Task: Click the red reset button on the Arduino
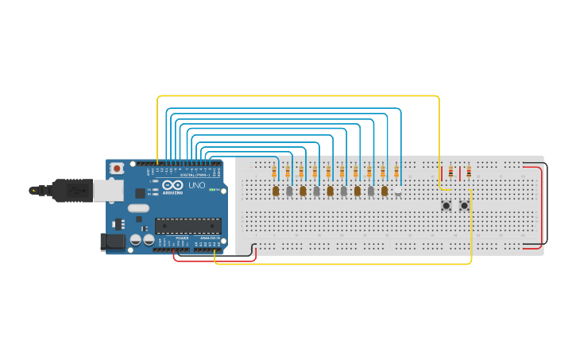117,168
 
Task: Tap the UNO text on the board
196,185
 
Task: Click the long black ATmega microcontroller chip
187,226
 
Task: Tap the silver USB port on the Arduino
106,190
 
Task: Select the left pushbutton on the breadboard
446,206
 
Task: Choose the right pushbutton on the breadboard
464,206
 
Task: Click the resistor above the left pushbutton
450,172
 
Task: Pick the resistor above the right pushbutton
468,172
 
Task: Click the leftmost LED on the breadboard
276,191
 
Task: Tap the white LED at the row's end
398,192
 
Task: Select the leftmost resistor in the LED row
274,172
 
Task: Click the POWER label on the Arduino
182,238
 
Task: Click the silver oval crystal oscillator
137,208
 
